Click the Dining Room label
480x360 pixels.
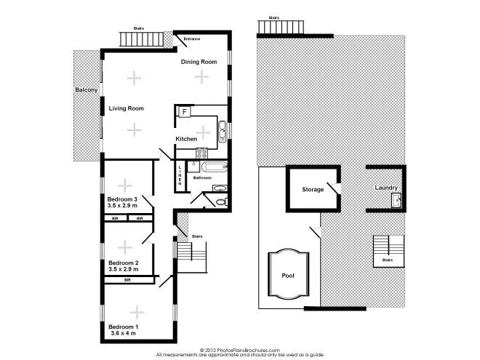coord(199,62)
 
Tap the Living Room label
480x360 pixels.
coord(126,108)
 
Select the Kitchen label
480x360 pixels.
coord(186,138)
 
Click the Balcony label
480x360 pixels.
coord(87,89)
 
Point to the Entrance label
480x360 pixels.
coord(192,39)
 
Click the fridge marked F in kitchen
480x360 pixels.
coord(184,111)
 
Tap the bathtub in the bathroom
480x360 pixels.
coord(209,167)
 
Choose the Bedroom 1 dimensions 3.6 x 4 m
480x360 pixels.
coord(123,335)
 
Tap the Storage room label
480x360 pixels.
coord(313,189)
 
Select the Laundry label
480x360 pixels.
coord(385,188)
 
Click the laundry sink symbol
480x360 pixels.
coord(396,199)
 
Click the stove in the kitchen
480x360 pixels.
coord(202,152)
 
